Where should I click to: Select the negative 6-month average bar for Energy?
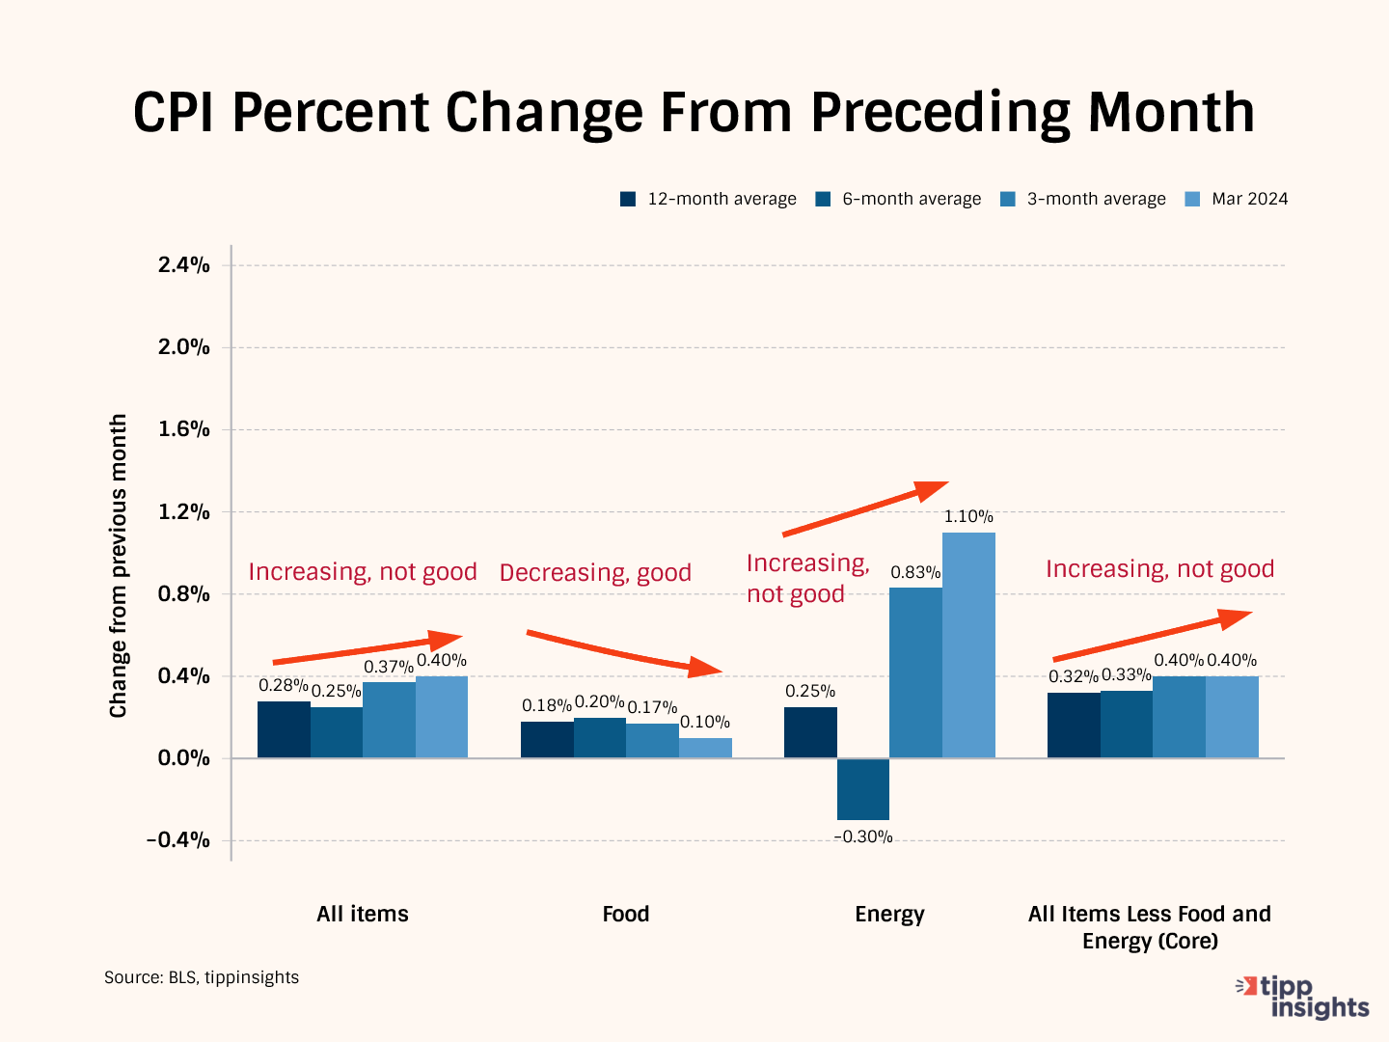[863, 789]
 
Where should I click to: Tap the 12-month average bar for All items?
[284, 729]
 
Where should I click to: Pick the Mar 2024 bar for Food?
[705, 748]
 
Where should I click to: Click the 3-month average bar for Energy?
[915, 672]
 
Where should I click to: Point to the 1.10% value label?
[968, 517]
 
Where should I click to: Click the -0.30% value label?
[863, 837]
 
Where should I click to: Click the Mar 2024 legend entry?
[1237, 199]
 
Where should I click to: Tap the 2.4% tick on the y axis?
[183, 265]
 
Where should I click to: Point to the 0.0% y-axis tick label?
[183, 758]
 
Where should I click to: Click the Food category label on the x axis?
[626, 914]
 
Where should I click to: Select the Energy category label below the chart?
[889, 914]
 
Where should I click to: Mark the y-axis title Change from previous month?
[119, 565]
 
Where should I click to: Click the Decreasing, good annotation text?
[595, 573]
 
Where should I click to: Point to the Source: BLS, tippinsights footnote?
[202, 977]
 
